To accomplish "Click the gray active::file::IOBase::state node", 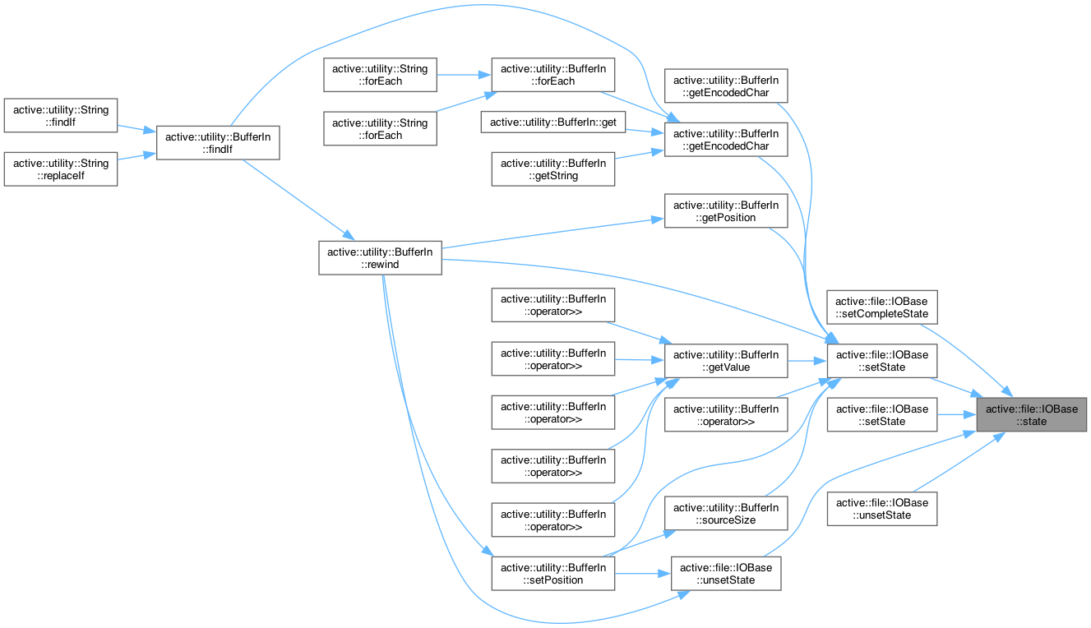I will pyautogui.click(x=1032, y=415).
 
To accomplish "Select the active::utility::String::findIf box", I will pyautogui.click(x=61, y=115).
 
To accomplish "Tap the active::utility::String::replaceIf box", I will pyautogui.click(x=61, y=169).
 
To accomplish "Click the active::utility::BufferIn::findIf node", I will pyautogui.click(x=219, y=141).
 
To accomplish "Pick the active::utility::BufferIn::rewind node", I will pyautogui.click(x=380, y=258).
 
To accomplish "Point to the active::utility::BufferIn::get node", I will pyautogui.click(x=553, y=122).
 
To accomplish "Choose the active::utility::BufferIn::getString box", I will pyautogui.click(x=553, y=169).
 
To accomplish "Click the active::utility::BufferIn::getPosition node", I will pyautogui.click(x=726, y=210).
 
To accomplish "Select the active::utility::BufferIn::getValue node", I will pyautogui.click(x=726, y=361).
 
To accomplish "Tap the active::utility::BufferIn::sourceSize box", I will pyautogui.click(x=726, y=514).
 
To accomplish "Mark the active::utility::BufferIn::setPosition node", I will pyautogui.click(x=553, y=573).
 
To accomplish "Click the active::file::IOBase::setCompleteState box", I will pyautogui.click(x=882, y=307).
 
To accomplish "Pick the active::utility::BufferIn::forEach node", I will pyautogui.click(x=553, y=75).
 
